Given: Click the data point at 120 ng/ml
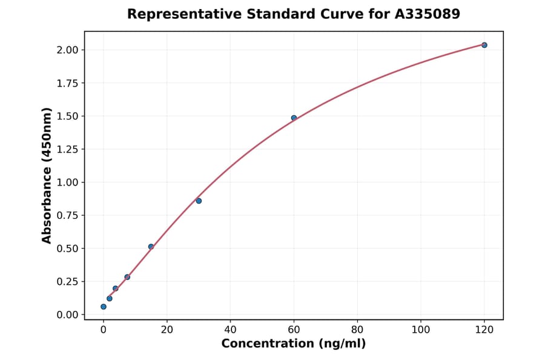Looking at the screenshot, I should [x=484, y=45].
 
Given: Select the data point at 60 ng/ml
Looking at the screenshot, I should [x=294, y=118].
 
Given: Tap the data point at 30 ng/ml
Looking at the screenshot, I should [x=199, y=201].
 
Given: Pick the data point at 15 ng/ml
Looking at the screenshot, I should [x=151, y=247].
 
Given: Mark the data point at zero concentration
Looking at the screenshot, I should [x=104, y=307].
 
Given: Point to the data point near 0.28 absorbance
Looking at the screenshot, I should [x=127, y=277].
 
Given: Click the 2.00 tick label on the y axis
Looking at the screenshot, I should [x=67, y=50].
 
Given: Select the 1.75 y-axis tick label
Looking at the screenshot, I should [x=67, y=83].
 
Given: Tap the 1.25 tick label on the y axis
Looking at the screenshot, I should [x=67, y=149].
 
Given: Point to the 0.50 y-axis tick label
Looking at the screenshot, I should [x=67, y=248].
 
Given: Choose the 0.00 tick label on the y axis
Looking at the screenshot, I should [x=67, y=315].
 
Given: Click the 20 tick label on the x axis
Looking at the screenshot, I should [x=167, y=330].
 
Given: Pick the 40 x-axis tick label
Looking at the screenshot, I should [x=231, y=330].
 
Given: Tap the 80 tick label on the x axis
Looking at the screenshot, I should [x=357, y=330].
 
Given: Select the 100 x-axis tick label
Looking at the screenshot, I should [x=421, y=330].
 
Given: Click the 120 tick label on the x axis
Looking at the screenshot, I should [x=484, y=330].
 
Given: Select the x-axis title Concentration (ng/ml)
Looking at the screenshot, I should [x=294, y=344].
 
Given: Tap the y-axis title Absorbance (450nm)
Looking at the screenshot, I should [x=47, y=176].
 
